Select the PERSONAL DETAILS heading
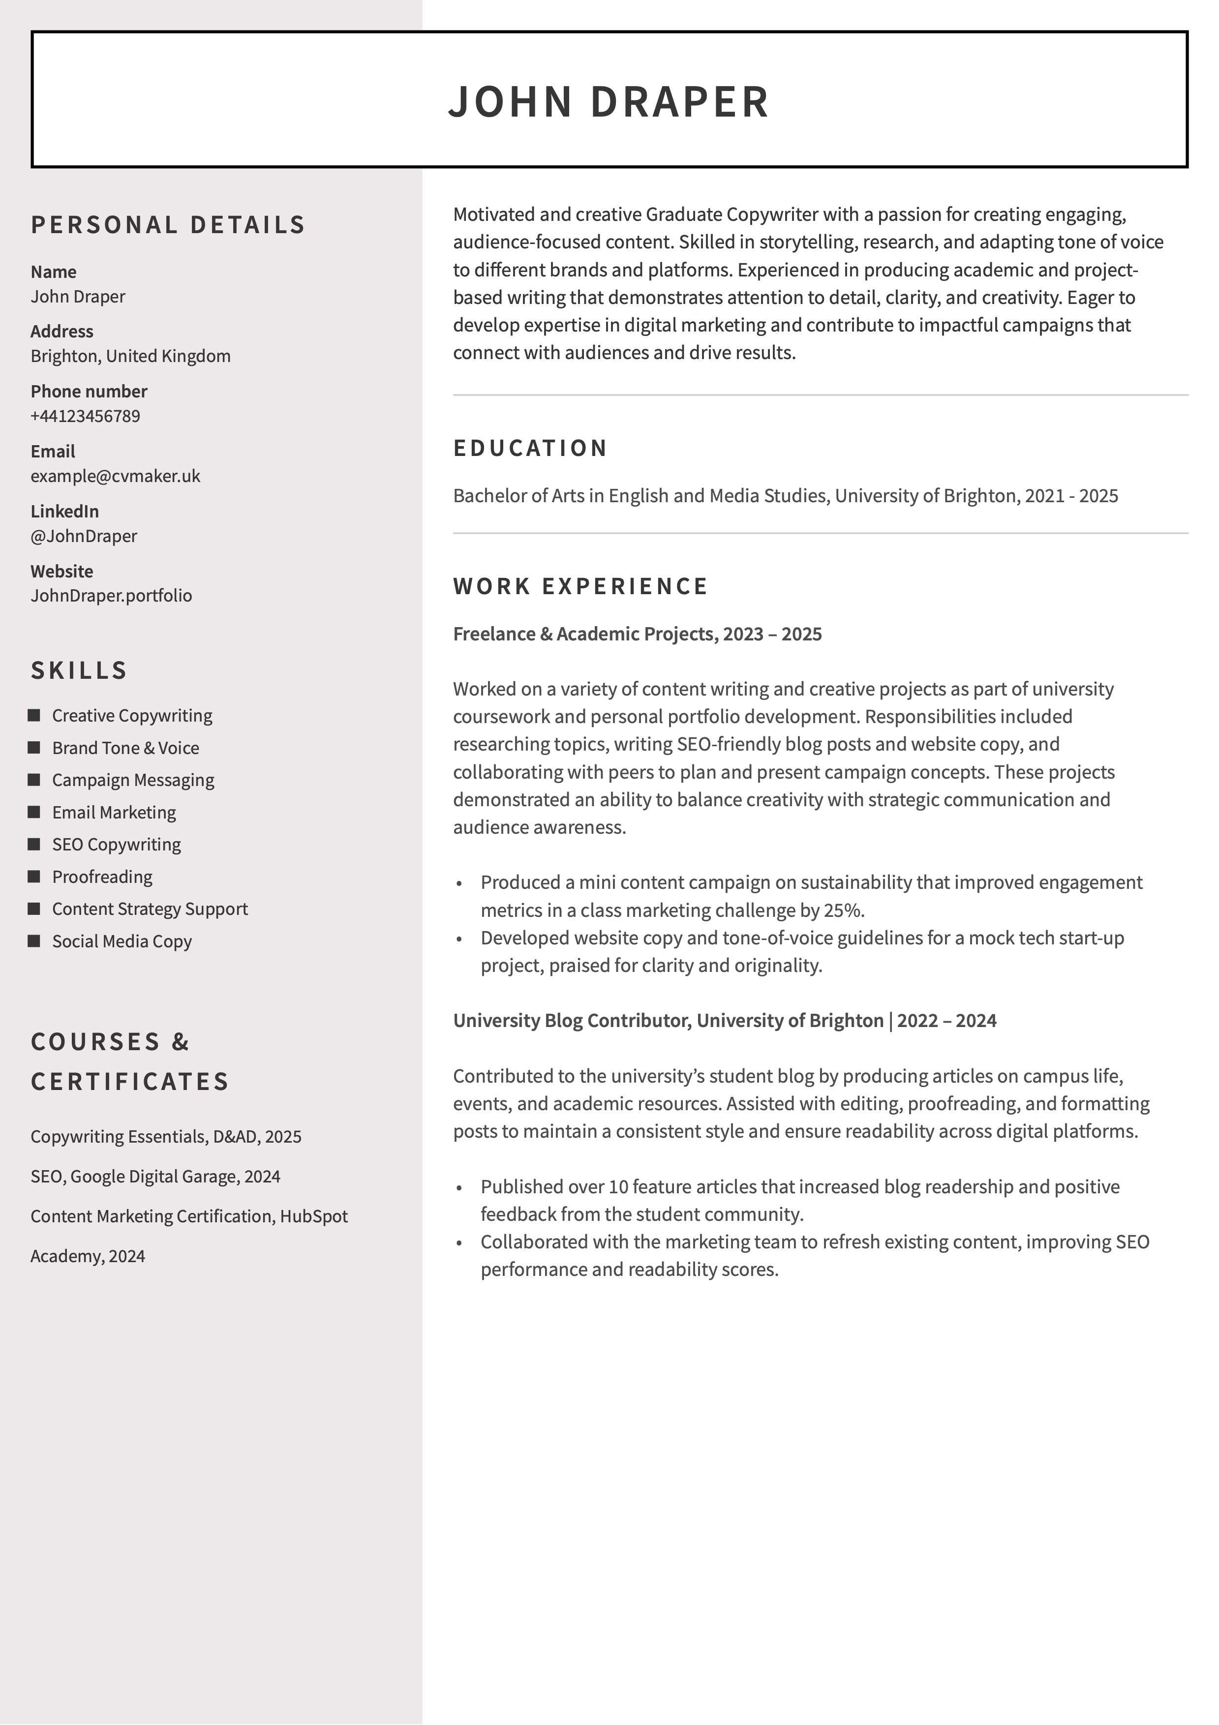(x=168, y=225)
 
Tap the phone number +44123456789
(x=85, y=416)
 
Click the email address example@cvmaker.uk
(x=115, y=476)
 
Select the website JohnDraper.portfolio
(x=111, y=596)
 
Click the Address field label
(x=61, y=332)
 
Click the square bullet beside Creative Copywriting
(x=34, y=715)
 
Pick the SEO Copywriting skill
(x=117, y=845)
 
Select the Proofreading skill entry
(x=102, y=877)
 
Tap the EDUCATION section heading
(x=530, y=448)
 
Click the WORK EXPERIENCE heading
(x=580, y=586)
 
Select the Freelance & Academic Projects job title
(x=638, y=634)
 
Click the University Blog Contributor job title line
(x=725, y=1020)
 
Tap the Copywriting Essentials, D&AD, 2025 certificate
(x=166, y=1137)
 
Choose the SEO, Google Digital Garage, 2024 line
(x=155, y=1177)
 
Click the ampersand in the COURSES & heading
(x=181, y=1042)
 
